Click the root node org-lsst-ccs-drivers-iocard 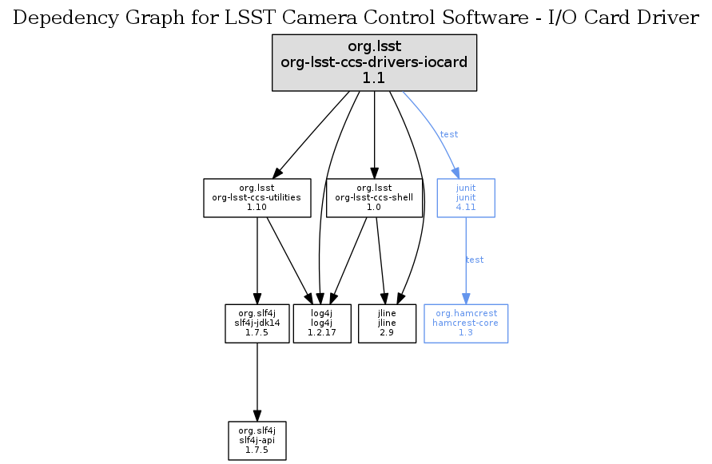(x=374, y=61)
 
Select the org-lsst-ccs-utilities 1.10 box (x=257, y=197)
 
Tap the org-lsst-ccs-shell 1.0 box (x=375, y=197)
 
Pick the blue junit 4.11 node (x=466, y=197)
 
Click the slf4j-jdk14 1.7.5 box (x=257, y=323)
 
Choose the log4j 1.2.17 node (x=324, y=323)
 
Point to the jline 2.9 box (x=387, y=323)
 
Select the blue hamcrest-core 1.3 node (x=466, y=323)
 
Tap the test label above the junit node (x=449, y=134)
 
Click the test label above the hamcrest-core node (x=475, y=260)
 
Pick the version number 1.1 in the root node (x=374, y=77)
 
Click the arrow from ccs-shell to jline (x=381, y=260)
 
